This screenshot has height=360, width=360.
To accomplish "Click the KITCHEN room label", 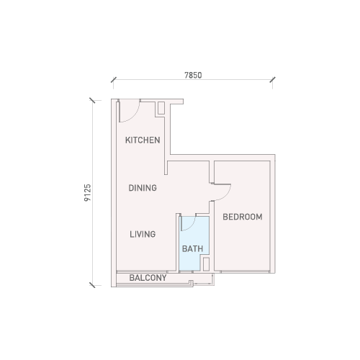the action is pos(143,140).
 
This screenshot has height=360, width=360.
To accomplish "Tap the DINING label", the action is pos(143,188).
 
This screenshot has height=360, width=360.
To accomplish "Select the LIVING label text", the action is pos(143,234).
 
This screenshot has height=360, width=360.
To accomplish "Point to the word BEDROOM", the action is pos(243,217).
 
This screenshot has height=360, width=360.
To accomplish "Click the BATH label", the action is pos(192,248).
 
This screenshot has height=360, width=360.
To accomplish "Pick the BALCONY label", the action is pos(148,278).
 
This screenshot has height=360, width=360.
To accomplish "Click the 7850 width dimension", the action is pos(193,76).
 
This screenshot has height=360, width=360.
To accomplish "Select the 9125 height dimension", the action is pos(88,193).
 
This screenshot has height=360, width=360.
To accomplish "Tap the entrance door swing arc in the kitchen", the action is pos(135,116).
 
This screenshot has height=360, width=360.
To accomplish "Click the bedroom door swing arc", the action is pos(227,195).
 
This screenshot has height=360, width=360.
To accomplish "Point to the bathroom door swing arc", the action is pos(192,225).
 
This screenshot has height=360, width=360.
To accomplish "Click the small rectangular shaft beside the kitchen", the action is pos(161,108).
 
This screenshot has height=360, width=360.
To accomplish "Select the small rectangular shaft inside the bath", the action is pos(206,264).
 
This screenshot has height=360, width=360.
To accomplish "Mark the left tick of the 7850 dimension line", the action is pos(114,80).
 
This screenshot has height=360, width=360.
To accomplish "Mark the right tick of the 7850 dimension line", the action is pos(272,80).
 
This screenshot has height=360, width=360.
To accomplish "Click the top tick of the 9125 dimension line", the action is pos(92,101).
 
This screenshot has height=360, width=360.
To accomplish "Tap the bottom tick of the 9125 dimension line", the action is pos(92,285).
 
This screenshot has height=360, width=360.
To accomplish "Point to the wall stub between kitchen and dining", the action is pos(166,168).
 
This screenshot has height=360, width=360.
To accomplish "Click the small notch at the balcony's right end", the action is pos(192,283).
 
